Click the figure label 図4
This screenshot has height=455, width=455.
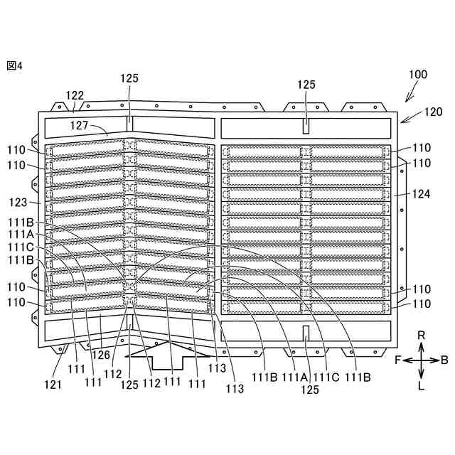pos(15,65)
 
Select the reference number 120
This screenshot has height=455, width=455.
pos(433,112)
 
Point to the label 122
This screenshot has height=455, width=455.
pos(75,95)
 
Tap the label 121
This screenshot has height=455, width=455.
pos(53,385)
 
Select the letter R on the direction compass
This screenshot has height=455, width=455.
pos(421,334)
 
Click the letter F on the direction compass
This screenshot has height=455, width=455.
pos(398,360)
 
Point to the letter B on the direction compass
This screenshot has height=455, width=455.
pos(444,360)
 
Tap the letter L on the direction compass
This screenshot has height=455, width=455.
pos(421,387)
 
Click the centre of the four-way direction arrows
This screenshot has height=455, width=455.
pos(421,360)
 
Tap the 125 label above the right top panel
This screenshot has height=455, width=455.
pos(306,85)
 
